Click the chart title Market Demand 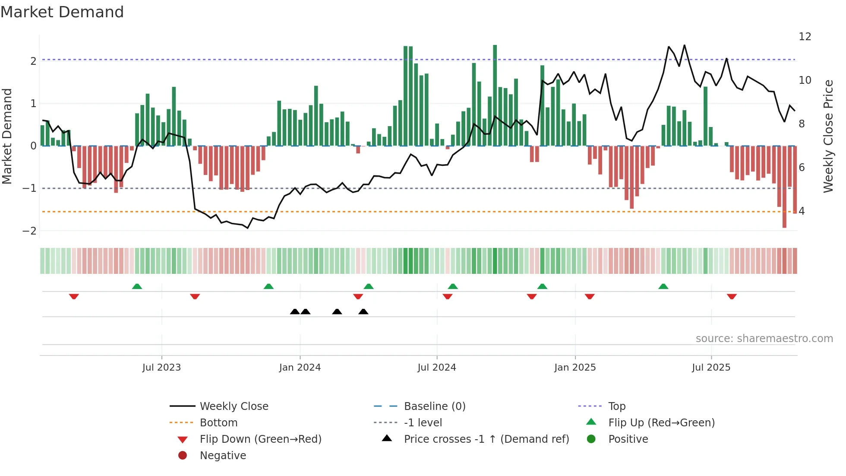click(x=62, y=12)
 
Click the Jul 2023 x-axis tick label click(x=161, y=368)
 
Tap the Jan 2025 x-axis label click(x=575, y=368)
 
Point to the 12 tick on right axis click(x=805, y=37)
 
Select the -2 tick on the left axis click(x=29, y=231)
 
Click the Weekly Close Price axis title click(x=828, y=136)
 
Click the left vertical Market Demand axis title click(x=7, y=136)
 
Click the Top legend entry click(x=616, y=406)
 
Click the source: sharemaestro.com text click(x=764, y=339)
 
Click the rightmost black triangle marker click(x=363, y=312)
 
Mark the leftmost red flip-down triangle click(x=74, y=296)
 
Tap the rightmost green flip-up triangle click(x=663, y=286)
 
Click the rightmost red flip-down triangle click(x=732, y=296)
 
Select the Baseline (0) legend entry click(x=434, y=406)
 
